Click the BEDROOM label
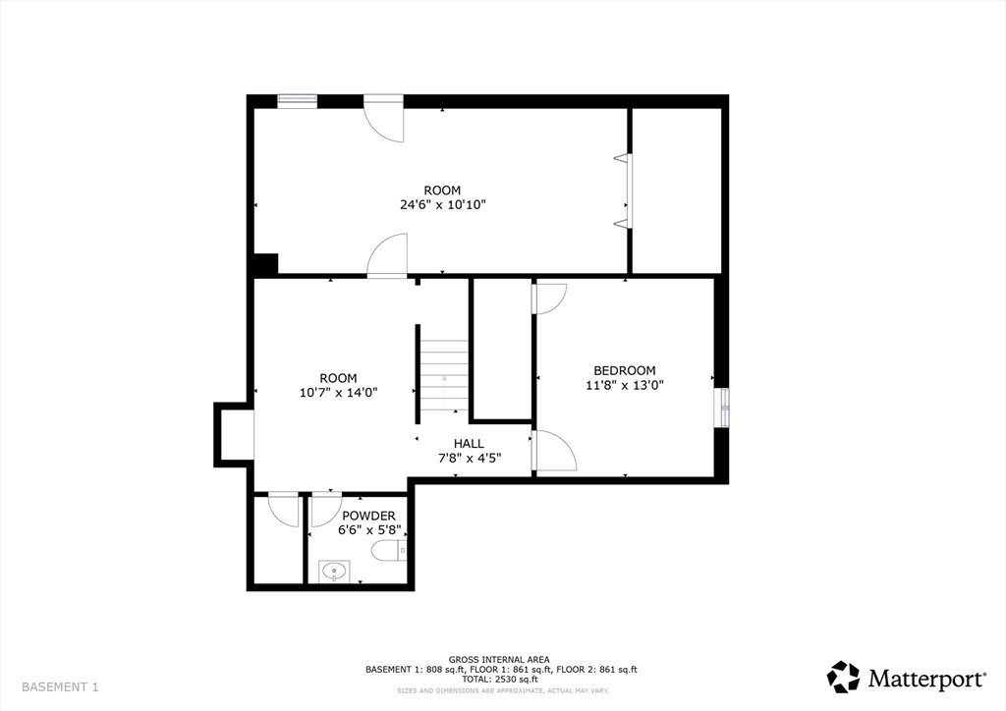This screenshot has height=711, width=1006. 624,370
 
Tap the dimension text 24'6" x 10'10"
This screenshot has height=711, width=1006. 442,205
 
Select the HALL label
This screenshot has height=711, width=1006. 469,444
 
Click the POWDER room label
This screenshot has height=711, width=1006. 368,517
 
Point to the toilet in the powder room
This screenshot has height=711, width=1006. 389,551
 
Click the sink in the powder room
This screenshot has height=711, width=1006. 334,572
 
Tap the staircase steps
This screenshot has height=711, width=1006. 444,375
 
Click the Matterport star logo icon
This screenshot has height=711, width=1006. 842,678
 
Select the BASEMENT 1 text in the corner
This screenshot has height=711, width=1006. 60,687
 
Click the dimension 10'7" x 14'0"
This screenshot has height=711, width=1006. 338,393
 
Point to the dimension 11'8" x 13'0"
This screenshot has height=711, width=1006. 624,385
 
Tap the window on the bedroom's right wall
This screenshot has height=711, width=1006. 722,408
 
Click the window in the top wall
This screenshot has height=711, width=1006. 297,100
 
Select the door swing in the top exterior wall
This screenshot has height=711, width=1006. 384,118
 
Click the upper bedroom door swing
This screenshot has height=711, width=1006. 550,300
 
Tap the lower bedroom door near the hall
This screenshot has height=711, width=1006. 554,451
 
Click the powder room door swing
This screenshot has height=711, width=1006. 326,511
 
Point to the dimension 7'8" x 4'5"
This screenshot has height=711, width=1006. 469,459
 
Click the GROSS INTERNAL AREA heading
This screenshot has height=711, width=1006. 498,660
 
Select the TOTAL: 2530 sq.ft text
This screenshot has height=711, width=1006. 498,679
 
